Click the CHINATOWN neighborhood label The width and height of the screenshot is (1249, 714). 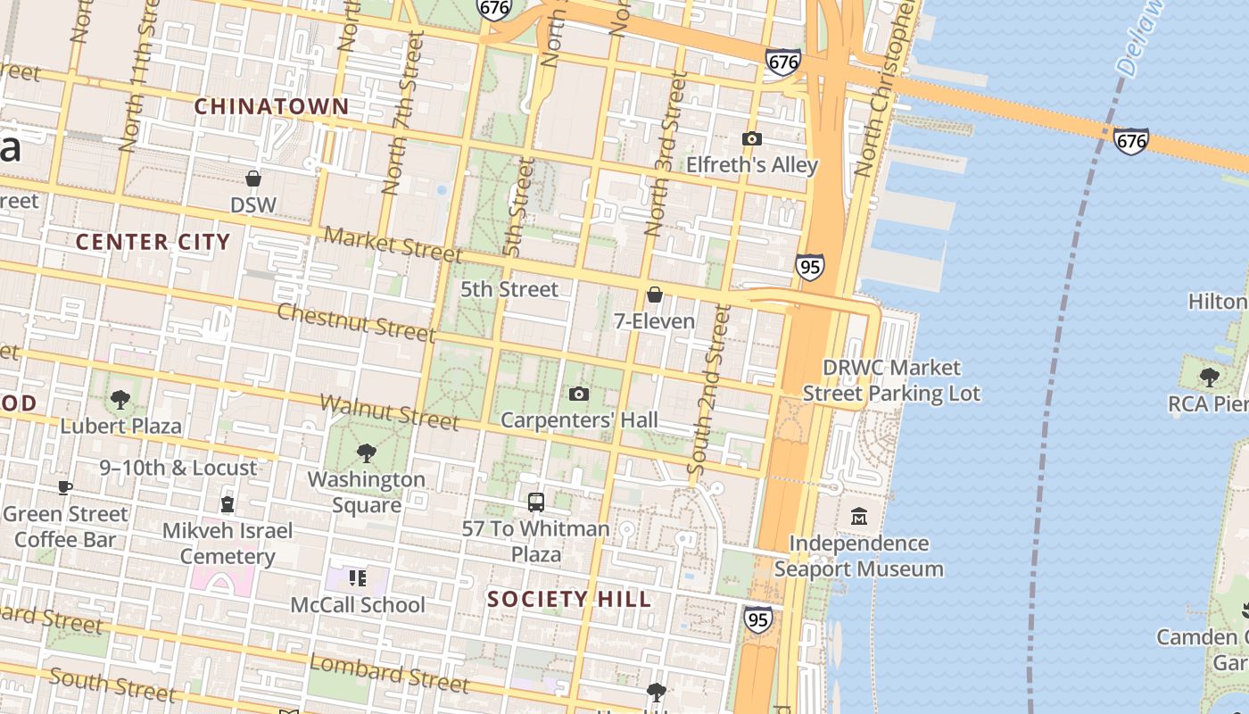click(271, 106)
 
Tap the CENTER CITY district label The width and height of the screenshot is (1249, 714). click(153, 242)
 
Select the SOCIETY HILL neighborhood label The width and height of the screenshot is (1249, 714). click(569, 599)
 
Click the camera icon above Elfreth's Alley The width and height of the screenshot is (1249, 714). click(752, 138)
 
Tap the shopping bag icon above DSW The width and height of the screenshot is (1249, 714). click(253, 178)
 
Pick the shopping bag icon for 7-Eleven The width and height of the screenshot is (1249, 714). click(654, 295)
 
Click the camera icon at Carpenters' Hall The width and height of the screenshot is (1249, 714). click(578, 394)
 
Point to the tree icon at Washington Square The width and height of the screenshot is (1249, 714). click(366, 452)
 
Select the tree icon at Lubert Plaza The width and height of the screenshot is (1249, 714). click(120, 399)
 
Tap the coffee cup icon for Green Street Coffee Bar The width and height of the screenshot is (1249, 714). click(64, 487)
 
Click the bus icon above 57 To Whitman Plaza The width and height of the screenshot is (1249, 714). click(535, 502)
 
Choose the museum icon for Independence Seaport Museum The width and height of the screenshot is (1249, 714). click(858, 516)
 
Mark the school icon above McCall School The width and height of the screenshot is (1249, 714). click(358, 578)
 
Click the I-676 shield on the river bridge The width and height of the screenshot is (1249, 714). click(1130, 140)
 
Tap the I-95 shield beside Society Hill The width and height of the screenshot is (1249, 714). click(757, 619)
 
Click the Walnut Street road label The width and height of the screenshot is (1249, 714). click(389, 411)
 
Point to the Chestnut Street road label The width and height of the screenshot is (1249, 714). click(355, 321)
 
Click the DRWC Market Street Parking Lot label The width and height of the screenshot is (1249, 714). click(890, 380)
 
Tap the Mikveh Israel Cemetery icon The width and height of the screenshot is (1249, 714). click(227, 504)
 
